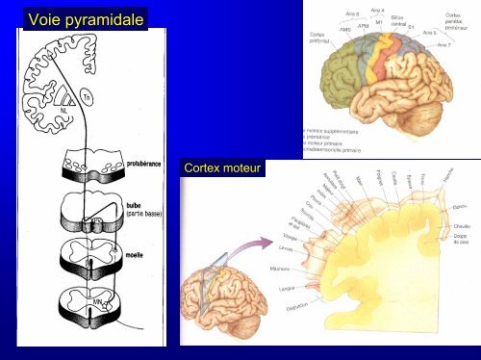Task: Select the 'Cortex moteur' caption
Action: pos(221,170)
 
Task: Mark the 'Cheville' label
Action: pos(462,227)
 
